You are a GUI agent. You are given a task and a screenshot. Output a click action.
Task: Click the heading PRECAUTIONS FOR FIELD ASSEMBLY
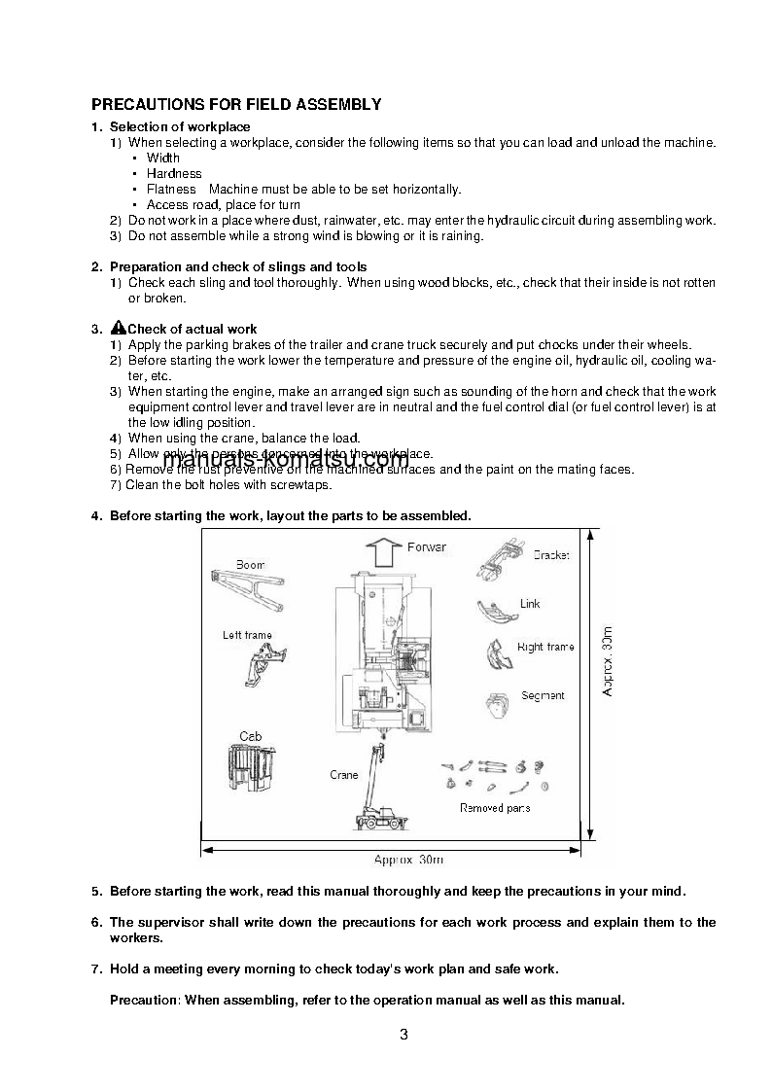pos(235,104)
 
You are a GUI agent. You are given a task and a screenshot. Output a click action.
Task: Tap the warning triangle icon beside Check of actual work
pos(119,328)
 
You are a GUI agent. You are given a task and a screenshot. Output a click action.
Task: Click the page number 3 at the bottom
pos(404,1034)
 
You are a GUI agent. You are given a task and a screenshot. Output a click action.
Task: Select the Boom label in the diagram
pos(250,565)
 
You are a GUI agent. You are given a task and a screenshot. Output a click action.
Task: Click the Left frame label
pos(247,635)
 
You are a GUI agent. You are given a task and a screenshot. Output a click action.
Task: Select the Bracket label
pos(550,555)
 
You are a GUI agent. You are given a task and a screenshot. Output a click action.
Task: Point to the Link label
pos(530,604)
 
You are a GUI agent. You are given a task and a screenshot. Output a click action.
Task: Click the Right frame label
pos(544,647)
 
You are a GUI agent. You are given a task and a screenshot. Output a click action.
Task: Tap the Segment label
pos(543,695)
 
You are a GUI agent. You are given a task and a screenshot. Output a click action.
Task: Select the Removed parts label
pos(495,808)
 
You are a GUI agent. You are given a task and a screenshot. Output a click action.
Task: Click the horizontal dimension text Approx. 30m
pos(408,860)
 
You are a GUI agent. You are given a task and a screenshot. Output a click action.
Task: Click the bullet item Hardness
pos(174,174)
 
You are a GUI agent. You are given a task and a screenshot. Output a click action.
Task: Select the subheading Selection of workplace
pos(180,127)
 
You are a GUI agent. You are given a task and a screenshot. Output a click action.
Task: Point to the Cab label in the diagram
pos(250,737)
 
